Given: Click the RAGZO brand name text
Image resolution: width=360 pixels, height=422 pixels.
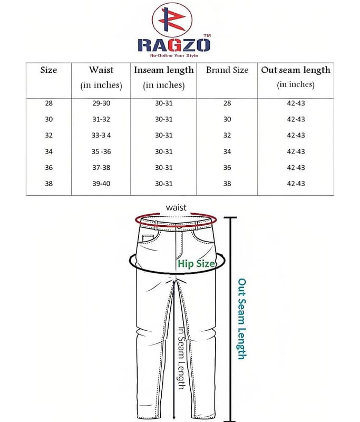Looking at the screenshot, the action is coord(174,45).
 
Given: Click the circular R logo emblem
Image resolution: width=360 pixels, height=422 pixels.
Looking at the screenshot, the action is coord(172,20).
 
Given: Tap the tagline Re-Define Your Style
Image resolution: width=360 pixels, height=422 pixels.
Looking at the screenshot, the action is coord(174,55).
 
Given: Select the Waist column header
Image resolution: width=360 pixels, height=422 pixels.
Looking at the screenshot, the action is coord(101,77).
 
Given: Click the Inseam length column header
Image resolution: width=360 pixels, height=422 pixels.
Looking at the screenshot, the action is coord(164,77).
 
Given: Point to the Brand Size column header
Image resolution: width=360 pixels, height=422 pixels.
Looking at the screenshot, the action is coord(227,70).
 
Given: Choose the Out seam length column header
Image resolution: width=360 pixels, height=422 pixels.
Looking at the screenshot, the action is coord(296,77).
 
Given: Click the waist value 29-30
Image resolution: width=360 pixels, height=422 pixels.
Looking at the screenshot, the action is coord(101,103).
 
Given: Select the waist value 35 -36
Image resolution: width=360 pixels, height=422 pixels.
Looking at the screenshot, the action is coord(101,151).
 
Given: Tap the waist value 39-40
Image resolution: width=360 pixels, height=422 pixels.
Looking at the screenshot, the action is coord(101,184).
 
